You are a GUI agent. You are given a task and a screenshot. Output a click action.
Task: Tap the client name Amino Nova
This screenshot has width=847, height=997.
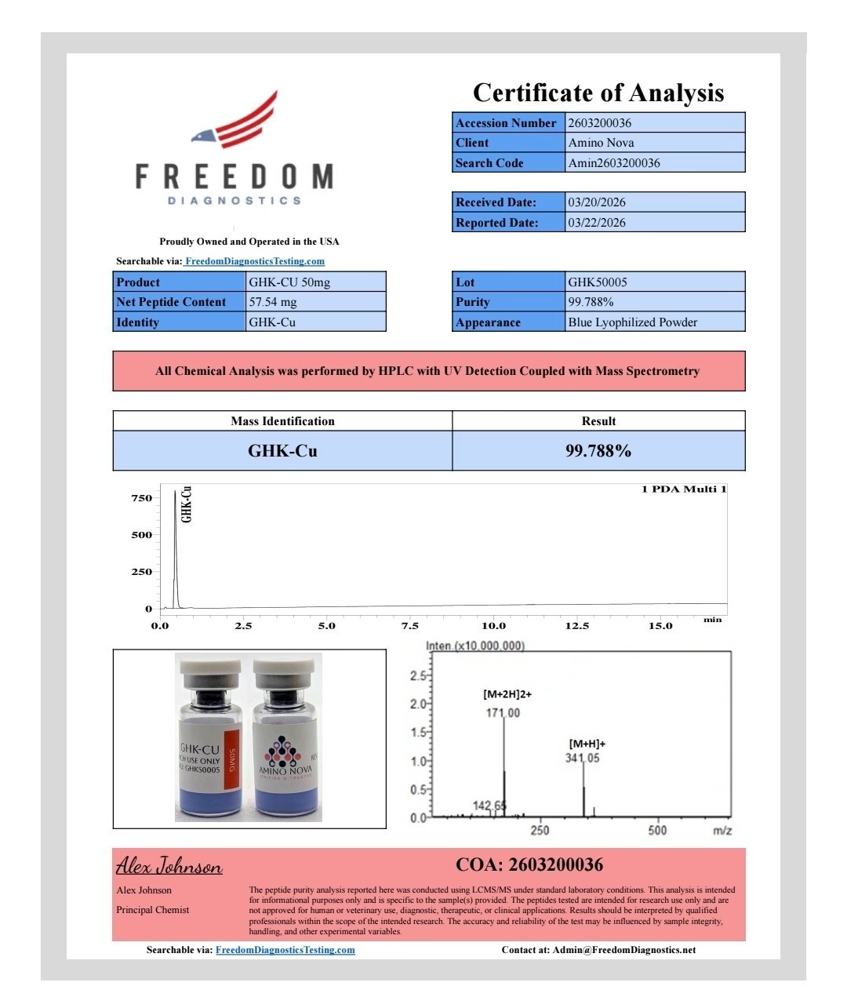click(602, 143)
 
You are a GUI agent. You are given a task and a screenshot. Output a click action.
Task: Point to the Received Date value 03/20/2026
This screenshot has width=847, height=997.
click(597, 202)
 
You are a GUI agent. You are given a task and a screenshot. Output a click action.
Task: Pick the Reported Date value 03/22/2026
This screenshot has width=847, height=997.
click(597, 223)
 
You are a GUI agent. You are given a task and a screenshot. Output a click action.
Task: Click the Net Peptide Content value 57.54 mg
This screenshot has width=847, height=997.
click(273, 302)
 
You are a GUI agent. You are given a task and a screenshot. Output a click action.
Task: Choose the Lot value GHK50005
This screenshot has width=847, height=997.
click(598, 282)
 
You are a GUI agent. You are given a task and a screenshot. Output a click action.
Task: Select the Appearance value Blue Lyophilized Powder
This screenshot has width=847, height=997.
click(633, 322)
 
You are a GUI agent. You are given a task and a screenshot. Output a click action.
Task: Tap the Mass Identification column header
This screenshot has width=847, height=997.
click(282, 421)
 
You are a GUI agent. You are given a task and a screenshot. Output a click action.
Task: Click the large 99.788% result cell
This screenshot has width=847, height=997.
click(598, 451)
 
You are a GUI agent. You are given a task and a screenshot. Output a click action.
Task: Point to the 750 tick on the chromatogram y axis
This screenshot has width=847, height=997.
click(141, 498)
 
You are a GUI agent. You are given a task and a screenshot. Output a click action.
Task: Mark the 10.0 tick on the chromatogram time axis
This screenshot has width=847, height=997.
click(493, 626)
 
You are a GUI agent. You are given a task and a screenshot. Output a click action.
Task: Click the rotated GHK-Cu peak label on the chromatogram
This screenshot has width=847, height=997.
click(187, 504)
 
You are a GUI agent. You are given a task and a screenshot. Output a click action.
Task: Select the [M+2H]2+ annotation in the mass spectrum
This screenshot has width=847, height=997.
click(507, 694)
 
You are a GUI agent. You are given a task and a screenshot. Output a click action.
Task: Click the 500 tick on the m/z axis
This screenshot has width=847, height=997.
click(657, 830)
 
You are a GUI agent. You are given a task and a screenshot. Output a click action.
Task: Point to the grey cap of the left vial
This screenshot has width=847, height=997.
click(210, 671)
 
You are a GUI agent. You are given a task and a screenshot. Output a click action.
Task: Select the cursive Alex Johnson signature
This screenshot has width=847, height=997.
click(169, 866)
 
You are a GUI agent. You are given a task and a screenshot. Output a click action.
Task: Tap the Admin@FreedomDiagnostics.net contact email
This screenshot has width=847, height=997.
click(623, 950)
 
